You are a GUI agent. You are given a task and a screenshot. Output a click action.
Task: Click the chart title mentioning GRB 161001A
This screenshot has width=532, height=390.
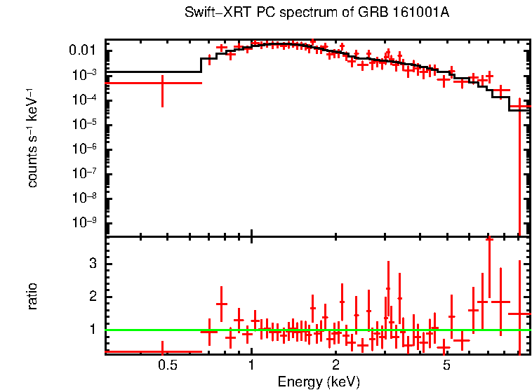[317, 13]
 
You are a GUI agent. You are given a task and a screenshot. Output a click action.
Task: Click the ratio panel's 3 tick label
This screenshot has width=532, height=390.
[91, 263]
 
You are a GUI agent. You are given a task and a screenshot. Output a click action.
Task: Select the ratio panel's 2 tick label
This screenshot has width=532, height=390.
[91, 296]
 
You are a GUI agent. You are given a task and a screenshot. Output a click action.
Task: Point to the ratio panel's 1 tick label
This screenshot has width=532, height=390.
[91, 329]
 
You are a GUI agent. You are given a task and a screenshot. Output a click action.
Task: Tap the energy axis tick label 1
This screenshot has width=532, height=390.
[251, 365]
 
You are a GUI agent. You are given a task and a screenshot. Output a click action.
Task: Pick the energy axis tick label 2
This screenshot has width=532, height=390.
[336, 365]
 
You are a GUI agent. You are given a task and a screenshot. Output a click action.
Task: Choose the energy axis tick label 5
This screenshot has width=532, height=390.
[446, 365]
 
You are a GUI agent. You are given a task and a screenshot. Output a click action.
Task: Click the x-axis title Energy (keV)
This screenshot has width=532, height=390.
[319, 382]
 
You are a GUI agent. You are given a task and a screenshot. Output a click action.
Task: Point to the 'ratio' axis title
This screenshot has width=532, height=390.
[32, 296]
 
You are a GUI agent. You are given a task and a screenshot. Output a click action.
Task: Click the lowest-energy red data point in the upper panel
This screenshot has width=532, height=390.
[162, 83]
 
